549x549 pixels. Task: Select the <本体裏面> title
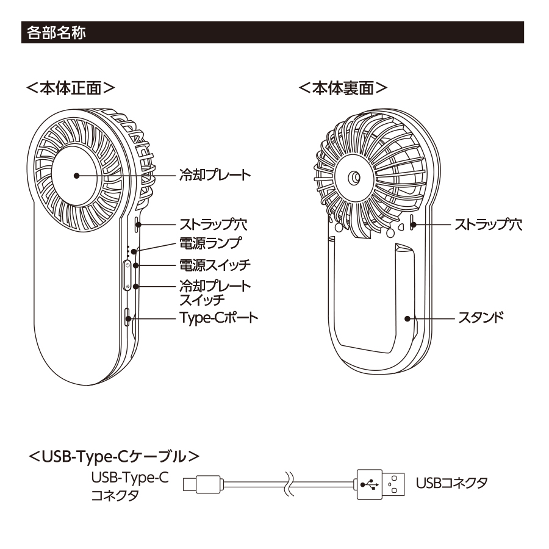344,88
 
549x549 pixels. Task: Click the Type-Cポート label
218,317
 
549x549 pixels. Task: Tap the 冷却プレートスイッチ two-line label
215,292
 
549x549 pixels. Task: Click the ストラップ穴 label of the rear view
487,224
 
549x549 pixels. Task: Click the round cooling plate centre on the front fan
77,175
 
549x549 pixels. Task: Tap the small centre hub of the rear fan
354,178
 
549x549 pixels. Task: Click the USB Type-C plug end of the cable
197,486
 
